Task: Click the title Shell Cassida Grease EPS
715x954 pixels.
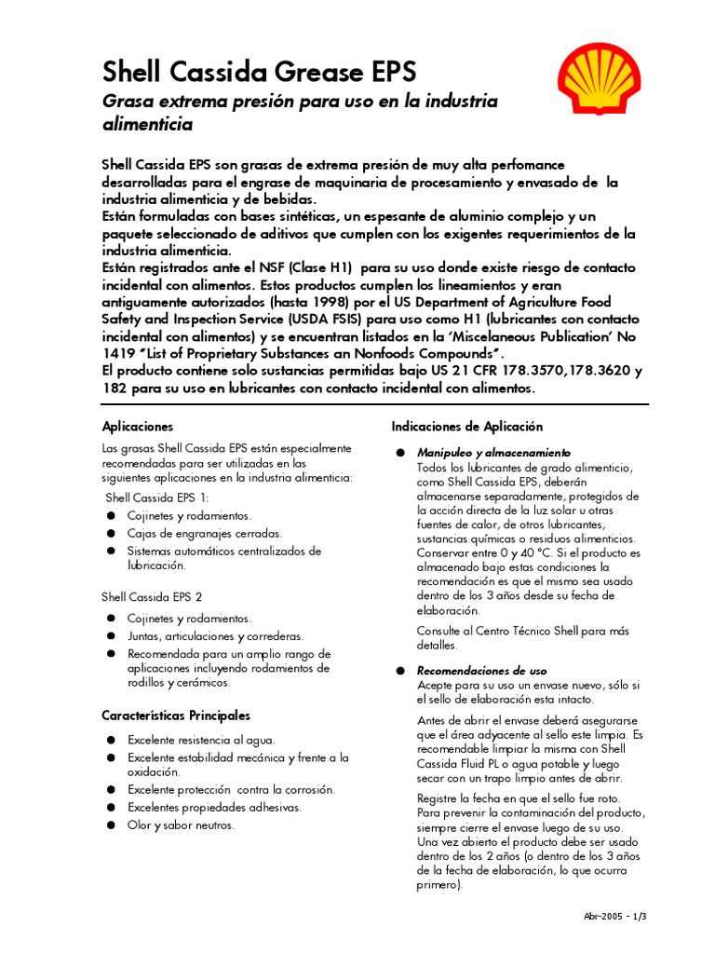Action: (x=259, y=72)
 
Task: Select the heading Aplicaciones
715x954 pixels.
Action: (x=138, y=426)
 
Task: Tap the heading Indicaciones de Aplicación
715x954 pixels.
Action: (x=466, y=426)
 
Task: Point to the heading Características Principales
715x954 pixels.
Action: (x=176, y=715)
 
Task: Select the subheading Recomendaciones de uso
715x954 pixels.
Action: (x=481, y=671)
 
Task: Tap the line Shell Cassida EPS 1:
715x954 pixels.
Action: (x=157, y=497)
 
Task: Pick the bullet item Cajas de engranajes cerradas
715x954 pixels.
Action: (x=204, y=534)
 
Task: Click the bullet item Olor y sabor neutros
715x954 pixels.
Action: (x=181, y=825)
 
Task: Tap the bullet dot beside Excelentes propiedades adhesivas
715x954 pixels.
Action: (x=110, y=808)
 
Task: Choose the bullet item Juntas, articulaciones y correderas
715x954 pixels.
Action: (x=215, y=636)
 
